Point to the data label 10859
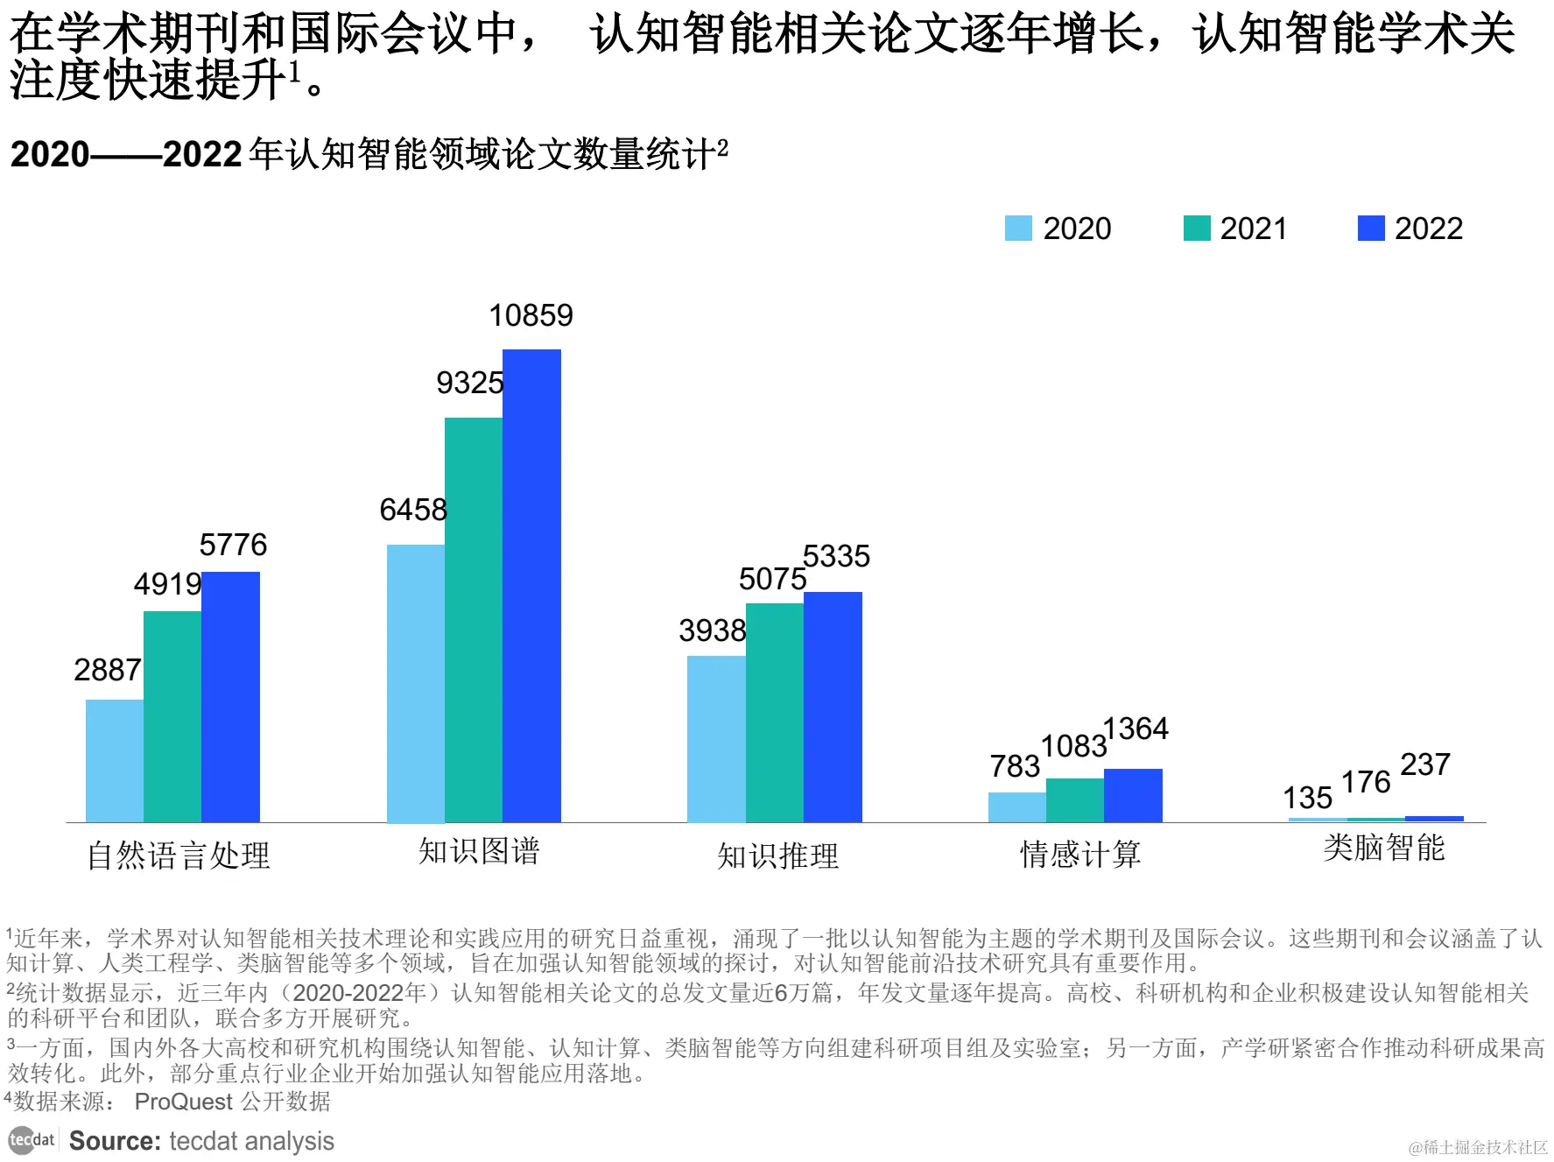pos(531,315)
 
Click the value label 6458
pos(412,510)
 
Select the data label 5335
pos(836,556)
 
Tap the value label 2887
pos(107,670)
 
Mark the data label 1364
pos(1136,729)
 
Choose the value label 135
pos(1307,798)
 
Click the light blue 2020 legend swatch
pos(1018,229)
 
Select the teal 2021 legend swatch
pos(1196,229)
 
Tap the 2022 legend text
pos(1428,229)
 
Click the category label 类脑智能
pos(1383,848)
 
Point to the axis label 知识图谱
pos(479,851)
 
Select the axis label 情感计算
pos(1079,855)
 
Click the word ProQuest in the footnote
pos(183,1102)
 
